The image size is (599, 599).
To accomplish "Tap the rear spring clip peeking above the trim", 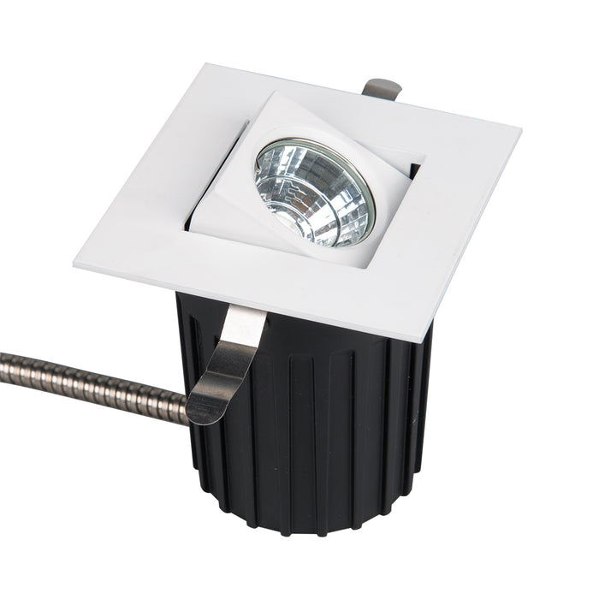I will pyautogui.click(x=382, y=88).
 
